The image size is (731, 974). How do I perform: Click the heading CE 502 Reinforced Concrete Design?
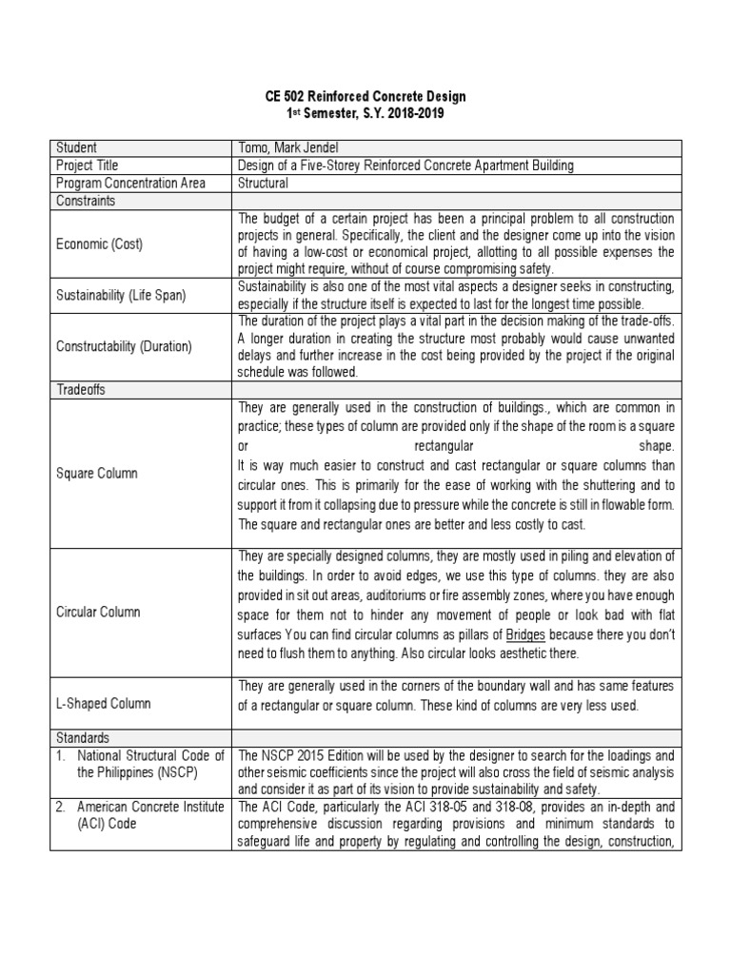coord(365,97)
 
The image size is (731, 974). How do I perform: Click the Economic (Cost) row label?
coord(99,244)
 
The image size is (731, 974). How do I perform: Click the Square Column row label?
coord(96,473)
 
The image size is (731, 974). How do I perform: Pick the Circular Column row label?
coord(99,612)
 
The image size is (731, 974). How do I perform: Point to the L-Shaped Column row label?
coord(104,704)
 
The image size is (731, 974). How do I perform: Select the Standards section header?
coord(83,737)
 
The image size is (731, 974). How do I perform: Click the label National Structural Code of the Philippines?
coord(139,763)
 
